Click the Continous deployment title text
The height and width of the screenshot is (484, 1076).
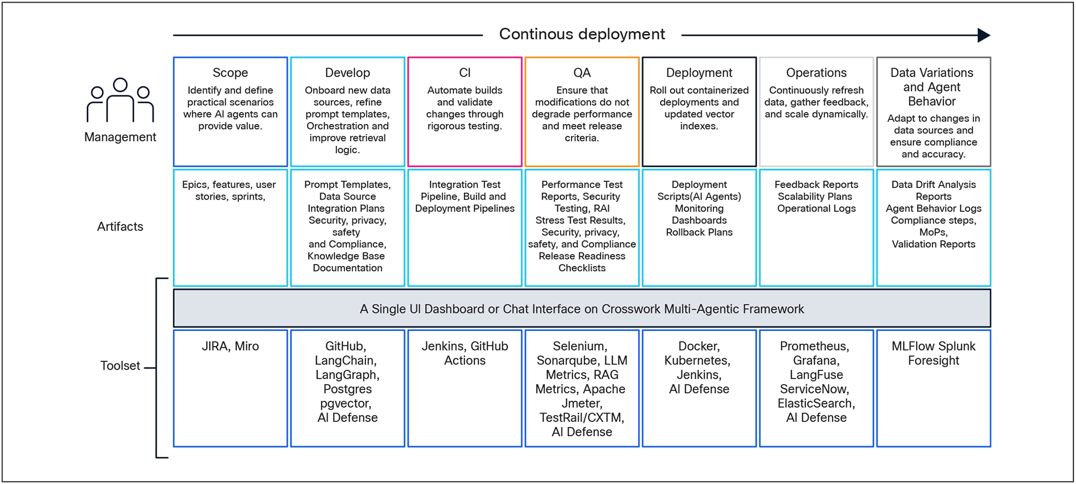click(x=582, y=34)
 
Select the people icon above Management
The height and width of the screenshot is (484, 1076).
click(x=120, y=100)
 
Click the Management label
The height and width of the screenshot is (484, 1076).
click(x=120, y=137)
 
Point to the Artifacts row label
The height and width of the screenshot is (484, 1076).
click(x=120, y=226)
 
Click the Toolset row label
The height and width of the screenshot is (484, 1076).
click(x=120, y=366)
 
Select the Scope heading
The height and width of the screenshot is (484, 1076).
click(x=230, y=73)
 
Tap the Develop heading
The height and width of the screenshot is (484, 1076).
click(x=347, y=73)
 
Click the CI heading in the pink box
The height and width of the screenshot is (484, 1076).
click(x=465, y=73)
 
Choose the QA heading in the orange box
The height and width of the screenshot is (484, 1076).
click(x=582, y=73)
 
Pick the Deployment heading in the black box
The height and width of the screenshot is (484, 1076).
click(x=699, y=73)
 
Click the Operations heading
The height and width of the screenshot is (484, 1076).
click(x=816, y=73)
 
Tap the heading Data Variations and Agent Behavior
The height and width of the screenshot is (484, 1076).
click(x=932, y=87)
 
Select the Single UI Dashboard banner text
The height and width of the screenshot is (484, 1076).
click(x=582, y=309)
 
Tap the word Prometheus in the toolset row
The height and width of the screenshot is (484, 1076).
click(x=814, y=347)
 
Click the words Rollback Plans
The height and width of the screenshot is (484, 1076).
click(x=699, y=232)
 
